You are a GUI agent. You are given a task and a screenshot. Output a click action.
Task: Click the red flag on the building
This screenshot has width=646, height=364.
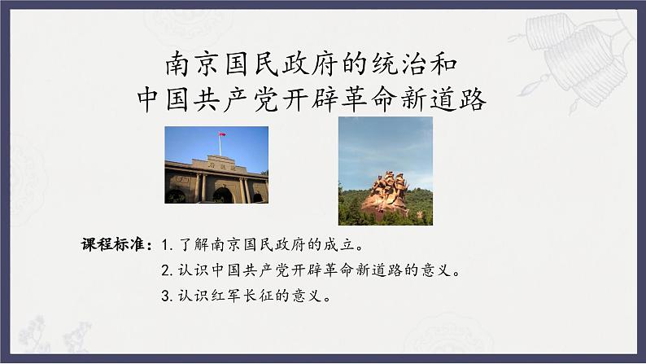click(219, 135)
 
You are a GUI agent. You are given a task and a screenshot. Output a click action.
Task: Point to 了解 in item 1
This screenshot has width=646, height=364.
click(189, 243)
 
